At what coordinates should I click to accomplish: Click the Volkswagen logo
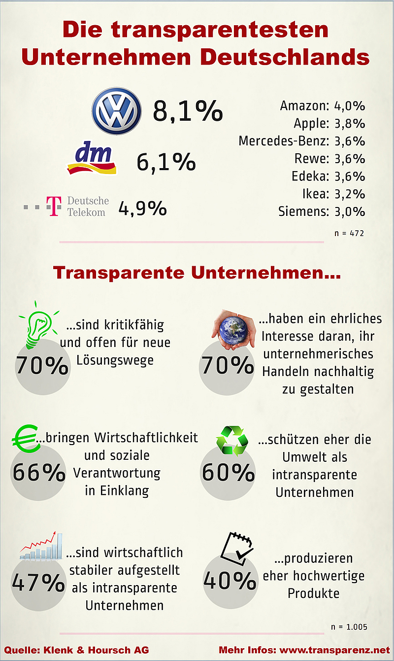[116, 111]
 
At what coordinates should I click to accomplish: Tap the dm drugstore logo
[92, 160]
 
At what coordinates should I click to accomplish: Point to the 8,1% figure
[188, 111]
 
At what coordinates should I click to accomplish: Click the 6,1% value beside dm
[166, 162]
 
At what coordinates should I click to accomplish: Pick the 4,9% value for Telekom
[142, 209]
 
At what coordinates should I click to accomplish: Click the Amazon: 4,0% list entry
[322, 106]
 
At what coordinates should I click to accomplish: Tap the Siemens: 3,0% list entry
[322, 212]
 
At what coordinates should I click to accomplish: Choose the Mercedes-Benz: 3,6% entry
[301, 141]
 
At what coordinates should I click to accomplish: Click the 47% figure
[38, 583]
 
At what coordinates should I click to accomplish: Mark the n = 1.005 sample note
[349, 627]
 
